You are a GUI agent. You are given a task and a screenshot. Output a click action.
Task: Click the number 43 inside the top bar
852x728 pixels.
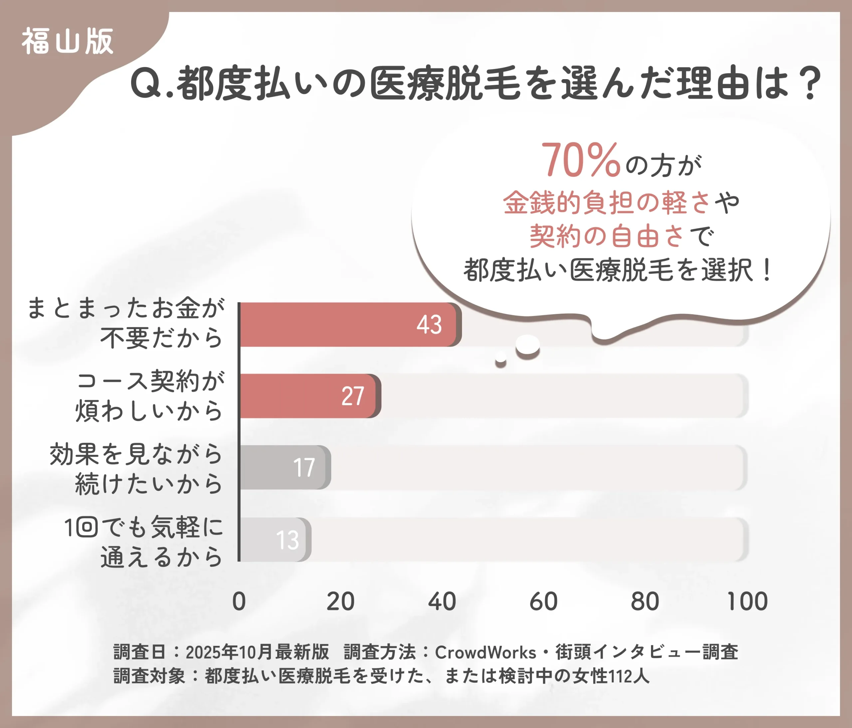click(429, 325)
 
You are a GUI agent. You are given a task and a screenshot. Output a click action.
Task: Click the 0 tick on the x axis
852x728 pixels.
click(239, 602)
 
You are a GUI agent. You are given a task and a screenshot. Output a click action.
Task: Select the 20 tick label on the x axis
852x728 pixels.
click(340, 602)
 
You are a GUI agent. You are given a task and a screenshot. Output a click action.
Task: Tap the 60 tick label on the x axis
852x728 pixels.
click(543, 602)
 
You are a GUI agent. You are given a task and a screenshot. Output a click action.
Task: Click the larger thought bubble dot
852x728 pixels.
click(528, 345)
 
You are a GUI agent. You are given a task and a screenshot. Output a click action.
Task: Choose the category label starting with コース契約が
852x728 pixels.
click(150, 396)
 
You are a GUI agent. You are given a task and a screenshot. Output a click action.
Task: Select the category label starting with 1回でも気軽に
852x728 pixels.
click(144, 542)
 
